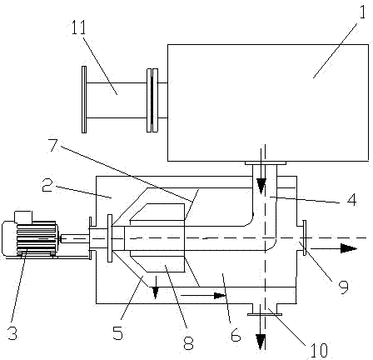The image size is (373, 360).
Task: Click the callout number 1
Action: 363,10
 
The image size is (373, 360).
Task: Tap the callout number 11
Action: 79,27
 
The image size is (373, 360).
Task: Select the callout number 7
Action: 53,145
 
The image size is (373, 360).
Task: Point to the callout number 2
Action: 47,186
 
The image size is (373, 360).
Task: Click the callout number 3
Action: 12,332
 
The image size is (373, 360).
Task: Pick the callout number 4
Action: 351,200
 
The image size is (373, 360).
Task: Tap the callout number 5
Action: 117,332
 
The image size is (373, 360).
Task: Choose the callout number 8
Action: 188,342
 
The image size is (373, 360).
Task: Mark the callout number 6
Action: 236,335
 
